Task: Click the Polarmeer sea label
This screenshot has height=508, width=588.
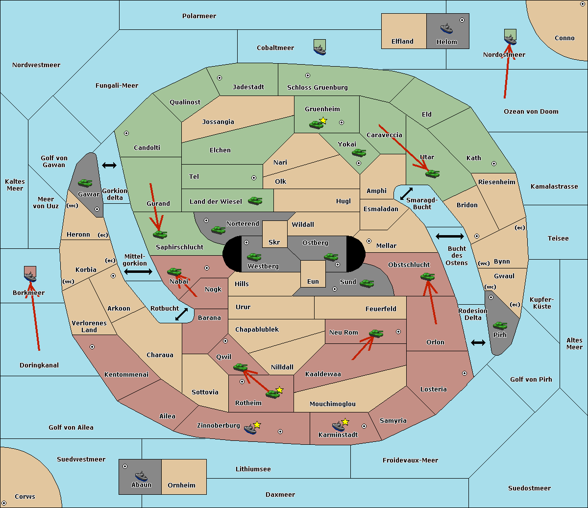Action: [x=199, y=16]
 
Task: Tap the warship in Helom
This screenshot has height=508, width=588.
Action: [x=446, y=29]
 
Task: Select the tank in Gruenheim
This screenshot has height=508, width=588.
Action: [x=316, y=124]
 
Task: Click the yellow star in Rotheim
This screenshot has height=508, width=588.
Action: [x=279, y=389]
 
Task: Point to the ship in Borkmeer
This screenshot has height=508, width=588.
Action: [x=30, y=276]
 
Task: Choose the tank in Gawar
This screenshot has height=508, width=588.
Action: [x=85, y=183]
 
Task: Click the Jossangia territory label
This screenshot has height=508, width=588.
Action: [x=218, y=122]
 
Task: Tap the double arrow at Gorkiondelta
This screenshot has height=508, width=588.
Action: [x=109, y=165]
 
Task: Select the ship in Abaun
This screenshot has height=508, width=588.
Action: [x=141, y=476]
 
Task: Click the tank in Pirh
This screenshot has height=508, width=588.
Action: [x=500, y=325]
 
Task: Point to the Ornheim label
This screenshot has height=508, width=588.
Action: [x=181, y=485]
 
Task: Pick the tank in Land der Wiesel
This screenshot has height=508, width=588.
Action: [x=255, y=201]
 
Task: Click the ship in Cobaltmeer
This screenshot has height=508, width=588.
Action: [x=320, y=50]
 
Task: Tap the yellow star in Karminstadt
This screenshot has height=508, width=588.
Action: [x=345, y=421]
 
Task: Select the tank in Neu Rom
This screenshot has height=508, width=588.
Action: [x=376, y=333]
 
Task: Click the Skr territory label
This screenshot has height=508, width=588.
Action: [x=274, y=242]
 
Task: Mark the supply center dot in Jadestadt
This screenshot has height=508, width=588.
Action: [x=220, y=78]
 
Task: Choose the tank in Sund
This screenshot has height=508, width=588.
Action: [x=367, y=283]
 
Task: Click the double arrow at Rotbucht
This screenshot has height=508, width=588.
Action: [x=181, y=314]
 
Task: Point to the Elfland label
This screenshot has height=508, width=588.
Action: [x=402, y=42]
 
